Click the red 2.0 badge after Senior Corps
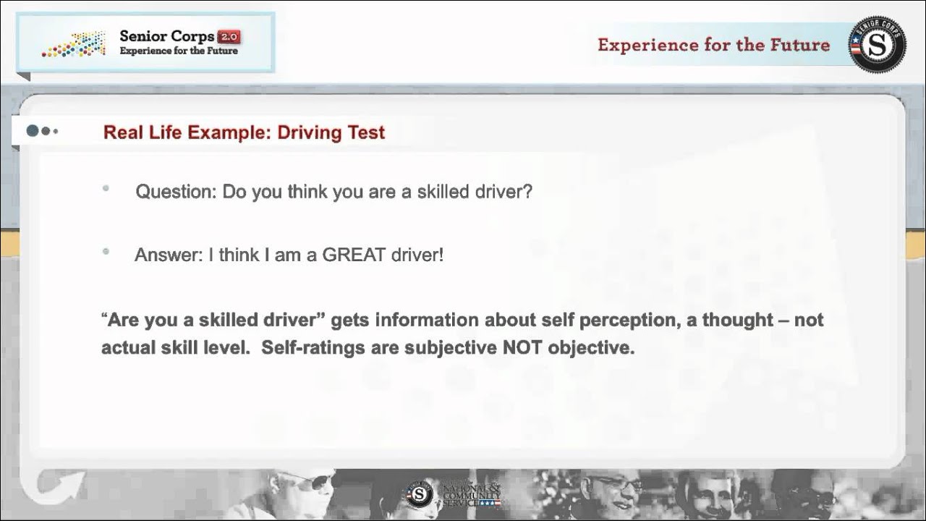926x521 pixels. click(x=229, y=36)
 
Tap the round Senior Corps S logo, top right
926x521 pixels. click(x=877, y=45)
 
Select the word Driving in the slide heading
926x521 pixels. click(x=303, y=132)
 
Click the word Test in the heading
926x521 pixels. click(x=366, y=132)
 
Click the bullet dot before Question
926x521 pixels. click(x=106, y=188)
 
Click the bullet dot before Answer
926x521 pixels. click(x=106, y=252)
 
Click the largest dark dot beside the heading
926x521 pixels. click(x=33, y=131)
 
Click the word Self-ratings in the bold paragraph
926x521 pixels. click(x=313, y=347)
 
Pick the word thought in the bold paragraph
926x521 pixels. click(x=736, y=320)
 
